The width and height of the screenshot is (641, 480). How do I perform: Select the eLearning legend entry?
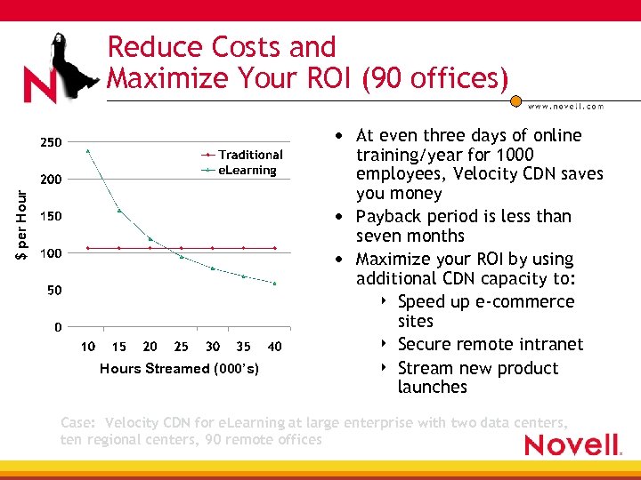click(247, 170)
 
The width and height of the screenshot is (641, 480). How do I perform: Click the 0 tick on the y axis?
click(57, 327)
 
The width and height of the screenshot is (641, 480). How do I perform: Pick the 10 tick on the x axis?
click(88, 347)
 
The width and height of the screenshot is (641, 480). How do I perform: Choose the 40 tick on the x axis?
click(275, 347)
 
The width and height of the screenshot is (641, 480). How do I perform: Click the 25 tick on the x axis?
click(182, 347)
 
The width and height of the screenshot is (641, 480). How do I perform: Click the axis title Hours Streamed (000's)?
click(180, 368)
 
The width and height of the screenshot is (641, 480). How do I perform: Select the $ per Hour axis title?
click(21, 217)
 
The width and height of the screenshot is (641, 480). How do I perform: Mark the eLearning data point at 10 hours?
click(88, 150)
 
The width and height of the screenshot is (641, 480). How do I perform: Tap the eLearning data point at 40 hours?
click(275, 284)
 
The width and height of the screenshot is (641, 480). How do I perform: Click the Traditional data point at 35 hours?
click(244, 248)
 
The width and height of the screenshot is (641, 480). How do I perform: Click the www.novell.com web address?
click(565, 106)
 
